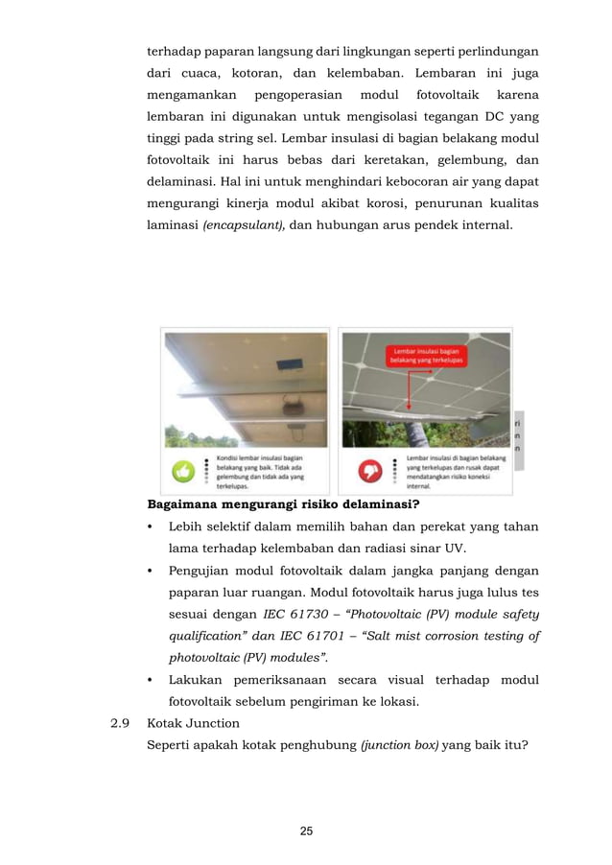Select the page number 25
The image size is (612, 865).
tap(306, 830)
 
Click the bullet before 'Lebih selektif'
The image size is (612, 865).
tap(151, 527)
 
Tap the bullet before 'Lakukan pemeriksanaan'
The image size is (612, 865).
tap(151, 680)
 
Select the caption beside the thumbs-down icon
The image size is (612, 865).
tap(456, 472)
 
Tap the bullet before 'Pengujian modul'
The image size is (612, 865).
tap(151, 571)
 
